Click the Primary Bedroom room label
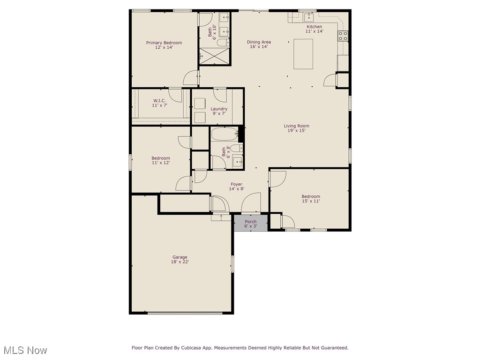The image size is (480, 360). pos(164,43)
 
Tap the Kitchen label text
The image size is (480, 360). pos(314,27)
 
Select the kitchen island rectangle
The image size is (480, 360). pos(303,54)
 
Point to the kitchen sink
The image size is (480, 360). pos(309,18)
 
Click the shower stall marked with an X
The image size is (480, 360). pos(215,56)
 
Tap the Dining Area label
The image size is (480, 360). pos(259,42)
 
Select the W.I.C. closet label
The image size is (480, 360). pos(159,101)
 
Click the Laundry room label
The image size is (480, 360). pos(218,109)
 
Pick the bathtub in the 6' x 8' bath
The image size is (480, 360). pos(225,134)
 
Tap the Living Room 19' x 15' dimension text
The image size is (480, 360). pos(296,131)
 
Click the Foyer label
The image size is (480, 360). pos(236,184)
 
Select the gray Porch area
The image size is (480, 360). pos(251,223)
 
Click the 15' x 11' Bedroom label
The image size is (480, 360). pos(311,196)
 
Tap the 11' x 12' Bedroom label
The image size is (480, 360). pos(160,158)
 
